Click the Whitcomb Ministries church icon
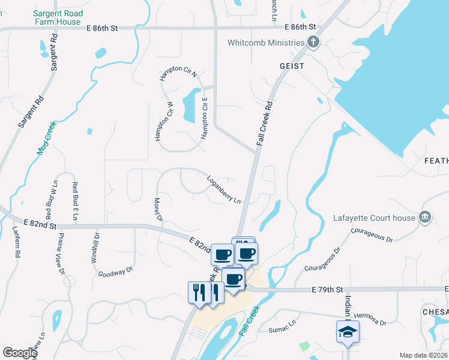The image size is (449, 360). click(x=312, y=42)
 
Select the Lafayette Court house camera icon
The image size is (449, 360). click(x=425, y=217)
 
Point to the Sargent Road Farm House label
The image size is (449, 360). click(x=57, y=17)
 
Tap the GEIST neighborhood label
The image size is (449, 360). click(x=291, y=66)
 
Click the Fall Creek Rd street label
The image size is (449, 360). click(x=265, y=122)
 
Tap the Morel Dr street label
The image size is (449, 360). click(x=158, y=209)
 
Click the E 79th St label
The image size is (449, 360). click(x=327, y=290)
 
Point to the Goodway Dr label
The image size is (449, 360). click(x=116, y=272)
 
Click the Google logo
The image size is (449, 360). click(x=20, y=352)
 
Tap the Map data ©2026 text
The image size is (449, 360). click(x=423, y=355)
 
